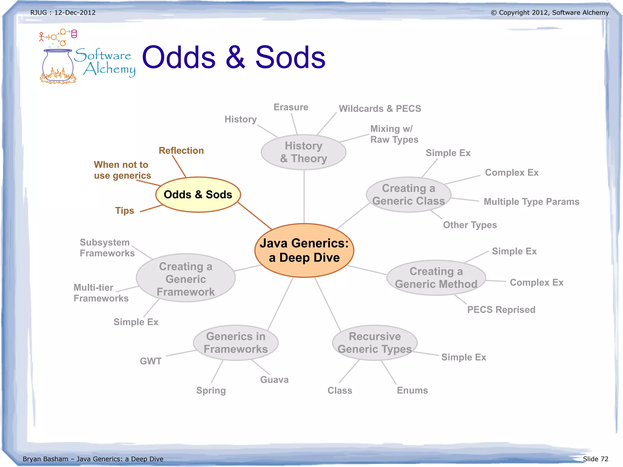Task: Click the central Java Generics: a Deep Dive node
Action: pyautogui.click(x=304, y=250)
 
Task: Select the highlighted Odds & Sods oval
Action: pyautogui.click(x=198, y=194)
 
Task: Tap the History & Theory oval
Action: pyautogui.click(x=304, y=152)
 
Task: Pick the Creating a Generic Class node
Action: pyautogui.click(x=409, y=195)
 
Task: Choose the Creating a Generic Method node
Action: pyautogui.click(x=436, y=278)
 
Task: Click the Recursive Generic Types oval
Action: pyautogui.click(x=375, y=343)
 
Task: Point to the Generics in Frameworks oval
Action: pyautogui.click(x=236, y=343)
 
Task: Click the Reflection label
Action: pyautogui.click(x=181, y=151)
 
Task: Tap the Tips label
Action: pyautogui.click(x=124, y=211)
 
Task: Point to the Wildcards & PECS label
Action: pyautogui.click(x=380, y=109)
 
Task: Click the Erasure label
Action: pyautogui.click(x=291, y=107)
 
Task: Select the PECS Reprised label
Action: pyautogui.click(x=501, y=310)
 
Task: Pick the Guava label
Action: pyautogui.click(x=274, y=380)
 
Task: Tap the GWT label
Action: pyautogui.click(x=151, y=361)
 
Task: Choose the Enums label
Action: pyautogui.click(x=412, y=390)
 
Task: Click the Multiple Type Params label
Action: pyautogui.click(x=531, y=202)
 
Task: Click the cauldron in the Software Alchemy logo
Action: pyautogui.click(x=58, y=65)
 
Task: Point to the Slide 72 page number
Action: pyautogui.click(x=595, y=459)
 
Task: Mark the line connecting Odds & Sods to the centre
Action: pyautogui.click(x=255, y=216)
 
